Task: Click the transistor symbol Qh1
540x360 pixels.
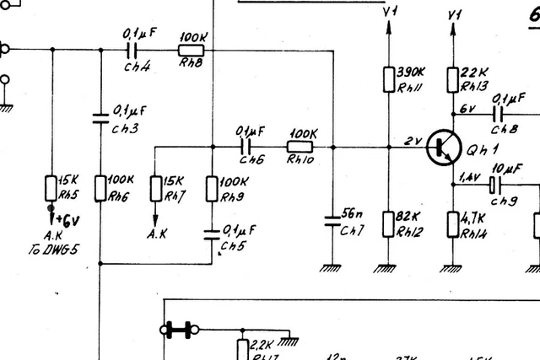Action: coord(440,148)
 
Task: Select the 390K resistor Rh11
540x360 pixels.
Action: coord(388,79)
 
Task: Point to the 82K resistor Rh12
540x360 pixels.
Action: coord(388,223)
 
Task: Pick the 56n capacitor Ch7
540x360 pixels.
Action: coord(332,222)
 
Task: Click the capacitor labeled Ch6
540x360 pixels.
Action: coord(249,147)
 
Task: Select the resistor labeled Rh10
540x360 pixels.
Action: coord(301,147)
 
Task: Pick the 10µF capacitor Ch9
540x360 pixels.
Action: coord(497,182)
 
